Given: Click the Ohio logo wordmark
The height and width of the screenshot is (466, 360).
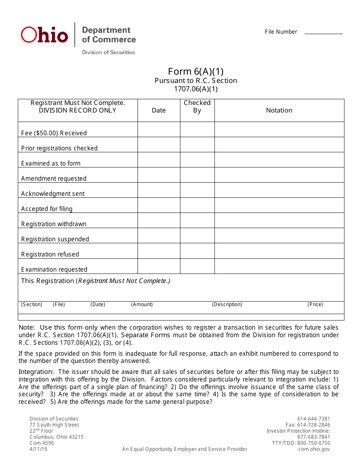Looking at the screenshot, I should click(44, 35).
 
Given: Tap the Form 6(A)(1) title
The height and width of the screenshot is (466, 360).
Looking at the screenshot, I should click(196, 71).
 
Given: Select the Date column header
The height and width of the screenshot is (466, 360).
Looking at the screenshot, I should click(159, 110).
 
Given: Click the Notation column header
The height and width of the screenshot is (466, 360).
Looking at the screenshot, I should click(279, 110).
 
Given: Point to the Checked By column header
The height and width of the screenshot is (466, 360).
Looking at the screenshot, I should click(197, 106).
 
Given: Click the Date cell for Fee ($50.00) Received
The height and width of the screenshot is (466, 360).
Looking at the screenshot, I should click(159, 130).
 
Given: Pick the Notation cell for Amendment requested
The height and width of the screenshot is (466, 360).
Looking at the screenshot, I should click(279, 175).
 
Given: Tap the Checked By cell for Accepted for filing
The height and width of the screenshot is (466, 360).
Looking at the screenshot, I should click(197, 205).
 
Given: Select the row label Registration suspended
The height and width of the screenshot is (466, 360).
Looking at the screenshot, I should click(55, 239).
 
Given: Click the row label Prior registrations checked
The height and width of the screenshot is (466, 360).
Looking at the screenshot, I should click(59, 148).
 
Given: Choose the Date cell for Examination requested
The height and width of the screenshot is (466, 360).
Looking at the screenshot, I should click(159, 266).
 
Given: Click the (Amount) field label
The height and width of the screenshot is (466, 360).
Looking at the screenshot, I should click(142, 304).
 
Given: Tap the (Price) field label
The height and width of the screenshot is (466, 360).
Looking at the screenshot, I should click(315, 304).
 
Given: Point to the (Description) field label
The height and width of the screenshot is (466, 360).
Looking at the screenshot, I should click(227, 304).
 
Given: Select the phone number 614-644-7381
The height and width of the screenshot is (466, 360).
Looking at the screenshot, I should click(314, 419).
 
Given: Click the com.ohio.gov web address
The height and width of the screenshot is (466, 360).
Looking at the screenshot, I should click(314, 449).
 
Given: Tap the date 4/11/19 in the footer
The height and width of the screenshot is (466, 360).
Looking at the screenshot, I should click(39, 449).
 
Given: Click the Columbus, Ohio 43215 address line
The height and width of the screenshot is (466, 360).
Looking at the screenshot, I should click(56, 437).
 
